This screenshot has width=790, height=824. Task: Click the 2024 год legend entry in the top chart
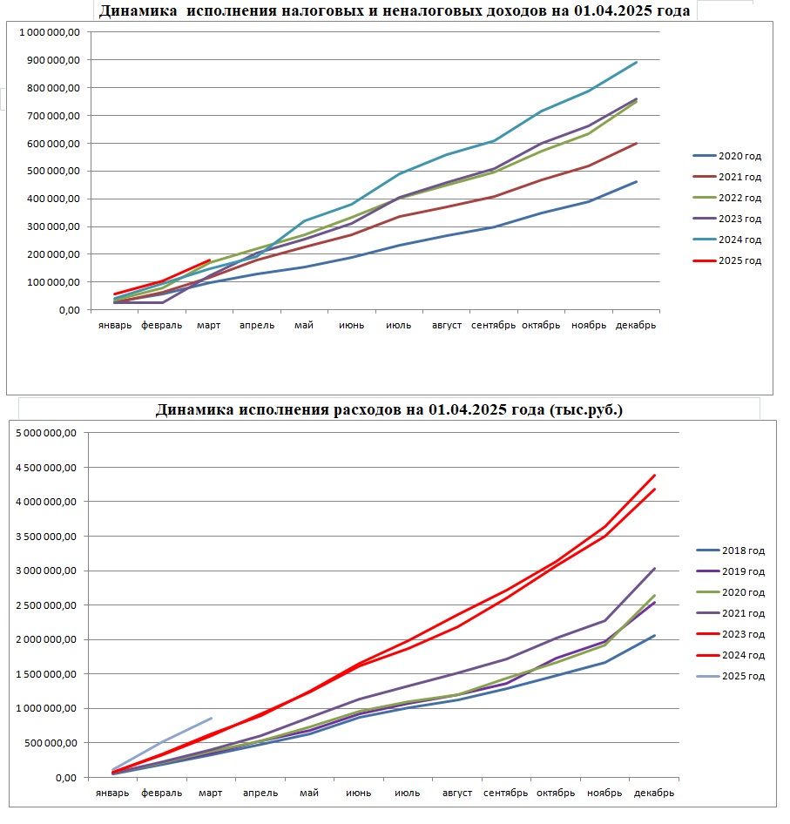pyautogui.click(x=727, y=240)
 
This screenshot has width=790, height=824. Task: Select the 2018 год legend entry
pyautogui.click(x=731, y=550)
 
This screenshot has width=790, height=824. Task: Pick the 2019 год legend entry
pyautogui.click(x=731, y=571)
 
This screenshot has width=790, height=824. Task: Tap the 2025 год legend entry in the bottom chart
pyautogui.click(x=731, y=676)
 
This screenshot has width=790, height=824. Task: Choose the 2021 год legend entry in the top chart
pyautogui.click(x=727, y=177)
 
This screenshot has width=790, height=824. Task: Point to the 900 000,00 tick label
pyautogui.click(x=54, y=60)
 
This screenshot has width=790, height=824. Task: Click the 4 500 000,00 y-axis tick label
pyautogui.click(x=46, y=468)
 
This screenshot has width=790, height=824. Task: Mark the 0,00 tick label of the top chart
pyautogui.click(x=70, y=311)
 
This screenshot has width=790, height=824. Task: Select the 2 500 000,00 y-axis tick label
pyautogui.click(x=46, y=605)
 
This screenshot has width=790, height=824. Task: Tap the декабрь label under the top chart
pyautogui.click(x=636, y=325)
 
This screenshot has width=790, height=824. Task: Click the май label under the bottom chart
pyautogui.click(x=309, y=793)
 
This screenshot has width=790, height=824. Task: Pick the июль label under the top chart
pyautogui.click(x=398, y=325)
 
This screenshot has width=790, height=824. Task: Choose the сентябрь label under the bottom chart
pyautogui.click(x=506, y=793)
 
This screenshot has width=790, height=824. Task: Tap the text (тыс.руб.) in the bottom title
pyautogui.click(x=586, y=409)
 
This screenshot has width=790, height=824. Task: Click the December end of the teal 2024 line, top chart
pyautogui.click(x=637, y=63)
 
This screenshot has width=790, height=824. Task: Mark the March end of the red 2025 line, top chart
pyautogui.click(x=210, y=260)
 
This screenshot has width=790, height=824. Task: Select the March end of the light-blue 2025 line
pyautogui.click(x=212, y=719)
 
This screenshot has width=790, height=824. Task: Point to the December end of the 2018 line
pyautogui.click(x=654, y=636)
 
